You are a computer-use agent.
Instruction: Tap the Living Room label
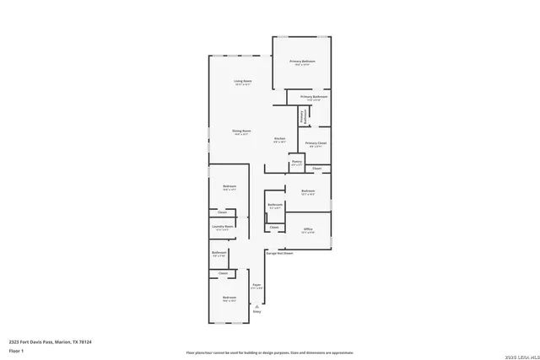click(x=244, y=81)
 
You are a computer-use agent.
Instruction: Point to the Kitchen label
click(x=279, y=138)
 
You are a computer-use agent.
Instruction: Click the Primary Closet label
click(x=316, y=143)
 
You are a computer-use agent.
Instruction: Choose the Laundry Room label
click(x=223, y=226)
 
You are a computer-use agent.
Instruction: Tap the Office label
click(x=309, y=228)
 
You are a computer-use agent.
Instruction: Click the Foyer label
click(x=256, y=286)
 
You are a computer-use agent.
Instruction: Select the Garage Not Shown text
click(x=279, y=252)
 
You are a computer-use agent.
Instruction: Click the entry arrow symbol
click(x=256, y=305)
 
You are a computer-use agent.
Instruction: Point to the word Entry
click(x=256, y=311)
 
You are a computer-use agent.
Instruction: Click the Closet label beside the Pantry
click(x=317, y=169)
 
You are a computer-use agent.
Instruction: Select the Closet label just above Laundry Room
click(x=222, y=212)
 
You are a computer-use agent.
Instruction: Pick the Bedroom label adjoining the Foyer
click(x=229, y=298)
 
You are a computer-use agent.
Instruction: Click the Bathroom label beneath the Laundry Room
click(x=219, y=253)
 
